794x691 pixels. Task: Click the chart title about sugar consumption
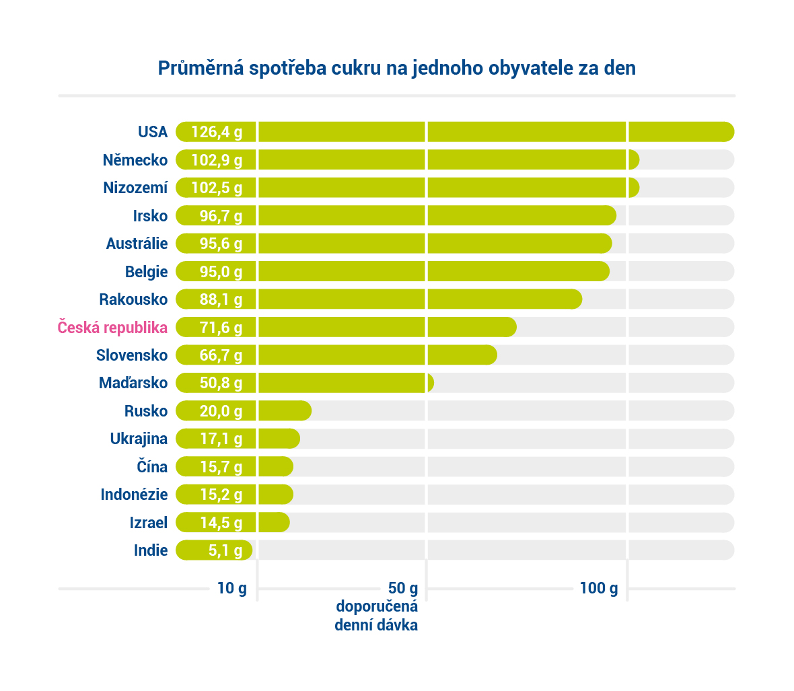(396, 69)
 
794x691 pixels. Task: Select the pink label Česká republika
(112, 328)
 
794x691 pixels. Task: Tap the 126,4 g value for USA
(217, 132)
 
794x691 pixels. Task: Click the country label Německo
(135, 160)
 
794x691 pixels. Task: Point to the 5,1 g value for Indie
(225, 550)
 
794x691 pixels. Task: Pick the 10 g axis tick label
(231, 589)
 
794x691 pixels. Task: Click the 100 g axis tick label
(598, 589)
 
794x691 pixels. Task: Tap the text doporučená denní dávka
(376, 615)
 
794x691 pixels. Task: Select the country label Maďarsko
(133, 383)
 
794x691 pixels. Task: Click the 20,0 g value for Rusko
(221, 411)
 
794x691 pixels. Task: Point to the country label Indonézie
(134, 495)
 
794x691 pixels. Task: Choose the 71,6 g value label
(221, 328)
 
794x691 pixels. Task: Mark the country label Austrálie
(137, 244)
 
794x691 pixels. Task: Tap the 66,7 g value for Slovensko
(221, 355)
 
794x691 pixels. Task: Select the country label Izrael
(148, 523)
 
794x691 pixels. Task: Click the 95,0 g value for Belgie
(221, 272)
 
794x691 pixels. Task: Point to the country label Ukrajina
(139, 439)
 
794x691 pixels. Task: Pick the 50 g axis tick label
(402, 589)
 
